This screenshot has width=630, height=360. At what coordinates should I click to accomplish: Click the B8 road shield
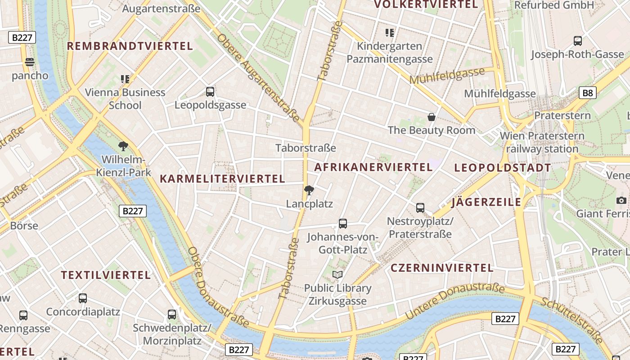point(587,93)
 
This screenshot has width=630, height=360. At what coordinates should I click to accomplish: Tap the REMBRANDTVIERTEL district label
point(130,46)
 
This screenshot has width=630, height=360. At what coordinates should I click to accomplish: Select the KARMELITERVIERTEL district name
point(222,179)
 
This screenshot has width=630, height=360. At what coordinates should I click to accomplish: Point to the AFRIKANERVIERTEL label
point(373,167)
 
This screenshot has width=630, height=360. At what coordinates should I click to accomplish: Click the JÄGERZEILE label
point(486,202)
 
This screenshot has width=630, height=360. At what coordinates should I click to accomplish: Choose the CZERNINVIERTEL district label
point(442,268)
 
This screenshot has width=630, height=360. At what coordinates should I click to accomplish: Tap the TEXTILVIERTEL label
point(106,275)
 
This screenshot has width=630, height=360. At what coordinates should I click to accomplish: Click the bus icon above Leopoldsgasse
point(210,92)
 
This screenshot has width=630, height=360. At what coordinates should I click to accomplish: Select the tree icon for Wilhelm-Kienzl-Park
point(123,146)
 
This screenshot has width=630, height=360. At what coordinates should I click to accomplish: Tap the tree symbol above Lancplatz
point(309,190)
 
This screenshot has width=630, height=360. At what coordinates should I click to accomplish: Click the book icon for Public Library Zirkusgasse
point(337,274)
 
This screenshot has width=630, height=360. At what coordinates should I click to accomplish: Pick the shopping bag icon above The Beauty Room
point(432,117)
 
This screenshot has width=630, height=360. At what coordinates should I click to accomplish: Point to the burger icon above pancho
point(30,62)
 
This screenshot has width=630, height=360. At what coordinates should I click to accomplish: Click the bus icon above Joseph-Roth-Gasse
point(578,41)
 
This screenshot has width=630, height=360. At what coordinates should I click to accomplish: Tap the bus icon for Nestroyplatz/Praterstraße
point(420,207)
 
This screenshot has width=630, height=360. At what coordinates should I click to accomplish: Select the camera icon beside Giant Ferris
point(621,200)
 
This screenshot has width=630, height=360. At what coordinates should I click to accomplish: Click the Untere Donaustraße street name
point(454,301)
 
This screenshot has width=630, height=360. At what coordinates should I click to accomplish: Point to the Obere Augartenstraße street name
point(258,77)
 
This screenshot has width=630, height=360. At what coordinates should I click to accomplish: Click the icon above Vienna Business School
point(125,79)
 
